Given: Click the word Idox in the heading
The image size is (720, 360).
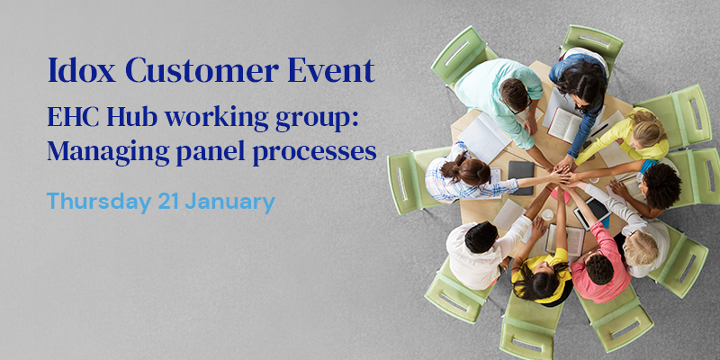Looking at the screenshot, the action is tap(81, 70).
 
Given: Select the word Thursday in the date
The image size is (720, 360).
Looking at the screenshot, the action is tap(99, 202).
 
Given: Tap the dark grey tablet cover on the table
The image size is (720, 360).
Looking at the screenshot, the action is tap(521, 177).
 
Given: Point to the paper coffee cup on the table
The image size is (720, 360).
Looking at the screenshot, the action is tap(547, 215).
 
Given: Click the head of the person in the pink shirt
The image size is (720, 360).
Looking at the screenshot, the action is tap(598, 269).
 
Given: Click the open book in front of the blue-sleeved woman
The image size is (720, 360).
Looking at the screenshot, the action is tap(565, 124).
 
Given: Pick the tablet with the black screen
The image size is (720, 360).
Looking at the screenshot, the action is tap(592, 212).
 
